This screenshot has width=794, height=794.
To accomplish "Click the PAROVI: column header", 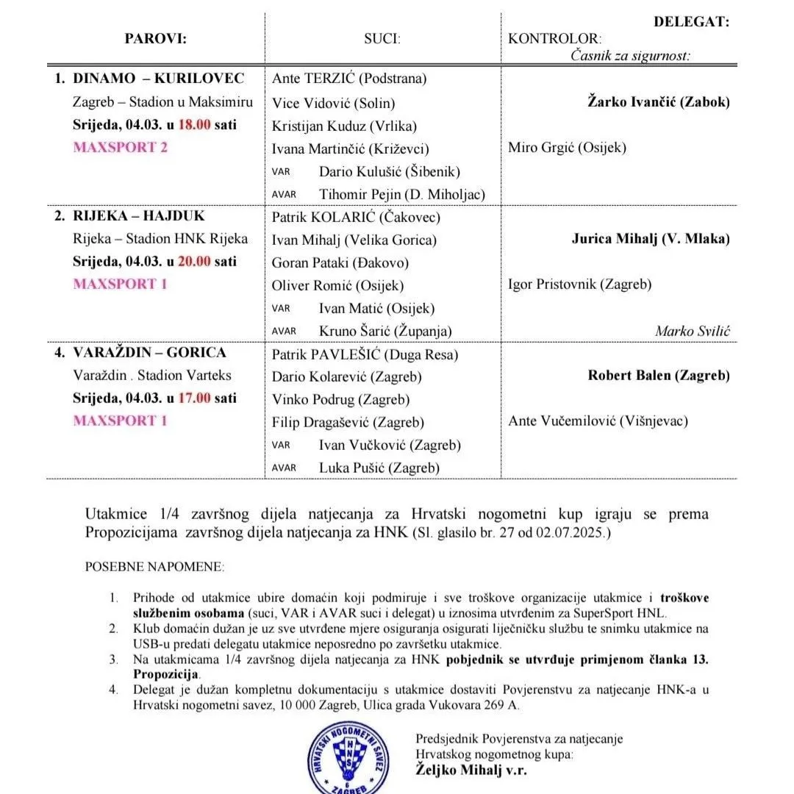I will pos(155,39).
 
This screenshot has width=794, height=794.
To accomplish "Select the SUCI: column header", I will pos(382,39).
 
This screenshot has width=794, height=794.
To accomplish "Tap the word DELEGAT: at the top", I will pos(691,22).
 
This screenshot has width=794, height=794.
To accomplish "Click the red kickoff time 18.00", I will pos(195,124).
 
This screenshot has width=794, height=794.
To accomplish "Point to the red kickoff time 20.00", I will pos(195,261).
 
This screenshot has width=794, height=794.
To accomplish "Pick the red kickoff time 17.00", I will pos(195,398).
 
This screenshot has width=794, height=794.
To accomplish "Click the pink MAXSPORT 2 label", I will pos(121,147).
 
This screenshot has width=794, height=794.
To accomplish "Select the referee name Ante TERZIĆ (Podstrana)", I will pos(349,79).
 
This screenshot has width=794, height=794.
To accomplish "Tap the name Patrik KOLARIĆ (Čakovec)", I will pos(356,217).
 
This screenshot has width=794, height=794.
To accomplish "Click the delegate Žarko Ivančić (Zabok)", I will pos(659,101).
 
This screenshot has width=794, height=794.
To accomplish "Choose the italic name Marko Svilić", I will pos(693,331).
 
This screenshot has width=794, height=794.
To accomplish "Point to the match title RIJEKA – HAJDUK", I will pos(139,216).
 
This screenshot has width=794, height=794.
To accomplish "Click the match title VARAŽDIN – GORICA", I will pos(150,353).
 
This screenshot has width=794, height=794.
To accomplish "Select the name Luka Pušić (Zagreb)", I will pos(379,468).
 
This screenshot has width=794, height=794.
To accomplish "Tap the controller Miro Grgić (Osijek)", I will pos(567,147).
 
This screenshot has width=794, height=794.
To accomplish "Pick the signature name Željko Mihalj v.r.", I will pos(471,770).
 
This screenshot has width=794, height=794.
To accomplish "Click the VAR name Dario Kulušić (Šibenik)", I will pos(389,171).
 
